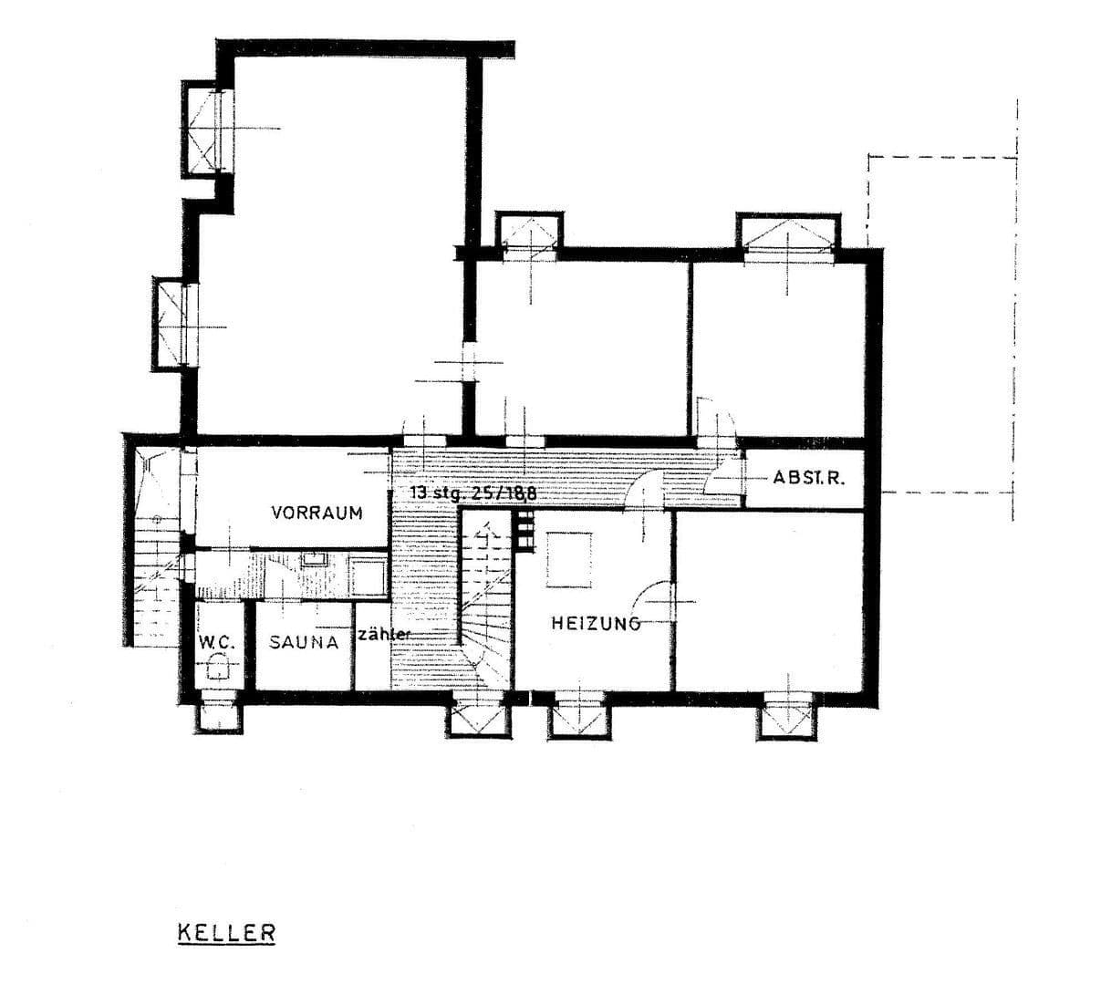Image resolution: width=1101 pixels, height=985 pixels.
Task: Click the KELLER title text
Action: pyautogui.click(x=226, y=933)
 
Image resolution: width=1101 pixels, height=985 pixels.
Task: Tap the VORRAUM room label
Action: pyautogui.click(x=317, y=513)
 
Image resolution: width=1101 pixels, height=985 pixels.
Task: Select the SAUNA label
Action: pyautogui.click(x=304, y=642)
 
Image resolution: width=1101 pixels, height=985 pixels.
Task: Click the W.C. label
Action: pyautogui.click(x=217, y=642)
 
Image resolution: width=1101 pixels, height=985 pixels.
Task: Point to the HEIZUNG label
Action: pyautogui.click(x=594, y=624)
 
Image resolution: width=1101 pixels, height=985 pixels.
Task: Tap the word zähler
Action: pyautogui.click(x=384, y=634)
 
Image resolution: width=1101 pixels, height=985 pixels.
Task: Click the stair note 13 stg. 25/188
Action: pyautogui.click(x=473, y=493)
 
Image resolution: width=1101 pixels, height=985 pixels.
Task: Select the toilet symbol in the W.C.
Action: pyautogui.click(x=218, y=670)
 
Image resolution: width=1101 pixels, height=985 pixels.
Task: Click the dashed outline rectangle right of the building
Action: pyautogui.click(x=941, y=324)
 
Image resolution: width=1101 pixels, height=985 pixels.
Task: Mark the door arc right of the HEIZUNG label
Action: pyautogui.click(x=657, y=603)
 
